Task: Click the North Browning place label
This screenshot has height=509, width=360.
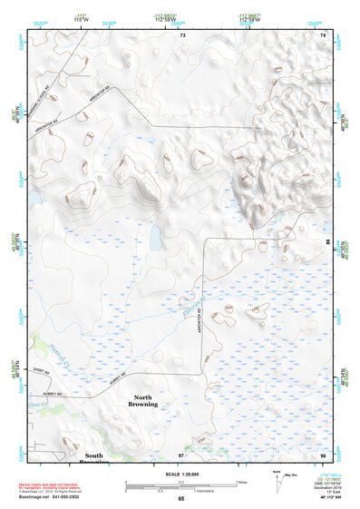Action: (x=145, y=400)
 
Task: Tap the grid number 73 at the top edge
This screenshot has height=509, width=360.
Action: (x=182, y=34)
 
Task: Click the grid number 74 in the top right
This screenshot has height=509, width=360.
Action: (x=324, y=34)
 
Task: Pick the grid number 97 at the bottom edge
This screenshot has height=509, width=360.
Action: (x=181, y=454)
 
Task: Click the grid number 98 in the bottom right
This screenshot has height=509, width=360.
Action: (x=323, y=454)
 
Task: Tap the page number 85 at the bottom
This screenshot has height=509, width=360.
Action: (x=181, y=500)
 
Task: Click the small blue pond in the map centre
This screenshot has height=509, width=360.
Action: (x=156, y=241)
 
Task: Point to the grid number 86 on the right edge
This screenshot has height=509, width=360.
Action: (x=328, y=243)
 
